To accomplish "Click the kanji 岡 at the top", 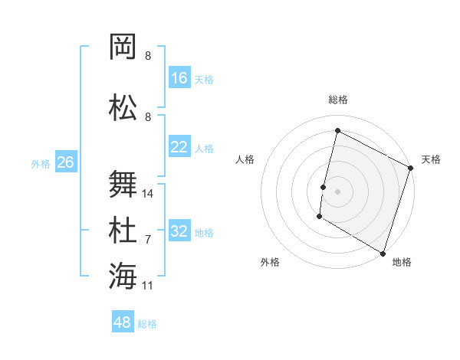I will click(123, 47).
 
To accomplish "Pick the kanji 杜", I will click(123, 230).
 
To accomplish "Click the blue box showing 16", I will click(179, 78).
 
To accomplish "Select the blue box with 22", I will click(179, 147).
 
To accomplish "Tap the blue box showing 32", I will click(179, 231).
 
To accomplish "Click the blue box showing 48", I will click(123, 322).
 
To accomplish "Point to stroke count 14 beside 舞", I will click(148, 193).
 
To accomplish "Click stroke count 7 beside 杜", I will click(148, 239).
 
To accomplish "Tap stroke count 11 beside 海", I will click(148, 285).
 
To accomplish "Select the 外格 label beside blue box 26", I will click(40, 163).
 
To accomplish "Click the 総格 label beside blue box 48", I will click(147, 324).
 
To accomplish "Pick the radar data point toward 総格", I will click(337, 131).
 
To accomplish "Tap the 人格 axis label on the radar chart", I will click(245, 159).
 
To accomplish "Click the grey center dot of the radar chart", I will click(337, 191).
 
